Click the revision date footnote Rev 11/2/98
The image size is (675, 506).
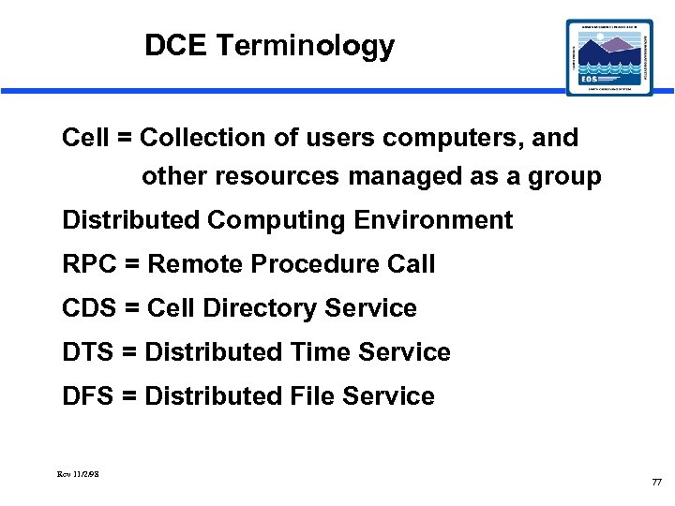pos(79,474)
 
